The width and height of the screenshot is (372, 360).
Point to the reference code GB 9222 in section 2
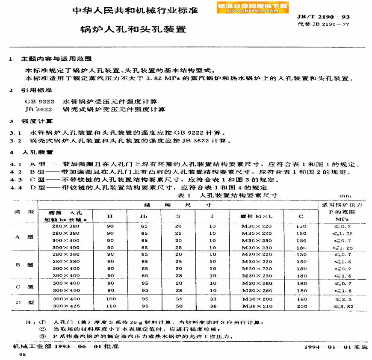[40, 102]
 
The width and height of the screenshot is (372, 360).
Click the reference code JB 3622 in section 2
[40, 109]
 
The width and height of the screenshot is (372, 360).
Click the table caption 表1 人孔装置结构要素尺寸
[227, 195]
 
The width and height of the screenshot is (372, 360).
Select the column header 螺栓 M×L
[257, 216]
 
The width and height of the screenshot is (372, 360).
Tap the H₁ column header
[144, 216]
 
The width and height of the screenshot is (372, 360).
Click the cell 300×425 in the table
[66, 306]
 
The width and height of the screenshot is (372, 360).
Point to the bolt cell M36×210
[257, 306]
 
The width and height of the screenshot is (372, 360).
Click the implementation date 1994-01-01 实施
[336, 348]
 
